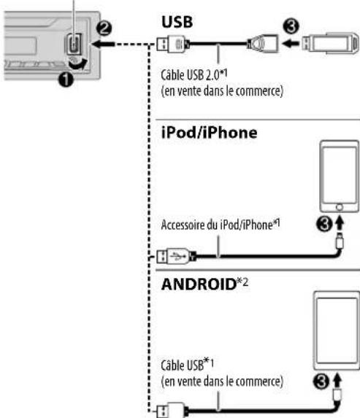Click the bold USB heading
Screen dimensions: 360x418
(x=177, y=22)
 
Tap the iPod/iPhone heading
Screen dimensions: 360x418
(x=210, y=133)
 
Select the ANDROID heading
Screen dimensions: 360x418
(x=199, y=285)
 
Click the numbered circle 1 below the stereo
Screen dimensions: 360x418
(x=66, y=80)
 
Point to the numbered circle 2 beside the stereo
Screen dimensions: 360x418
(x=104, y=28)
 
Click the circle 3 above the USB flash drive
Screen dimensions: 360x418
(x=291, y=26)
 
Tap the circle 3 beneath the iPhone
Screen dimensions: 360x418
(x=324, y=224)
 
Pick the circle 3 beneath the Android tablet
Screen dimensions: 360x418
(x=321, y=382)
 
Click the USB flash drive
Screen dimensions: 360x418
(x=330, y=43)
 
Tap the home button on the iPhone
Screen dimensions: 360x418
(x=339, y=207)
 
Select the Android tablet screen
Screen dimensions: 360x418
(x=337, y=330)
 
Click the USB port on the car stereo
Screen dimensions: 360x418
(x=74, y=44)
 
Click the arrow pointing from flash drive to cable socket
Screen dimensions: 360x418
(x=291, y=43)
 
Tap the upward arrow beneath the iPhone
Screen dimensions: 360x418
(x=340, y=224)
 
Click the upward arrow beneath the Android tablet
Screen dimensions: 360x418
(x=337, y=382)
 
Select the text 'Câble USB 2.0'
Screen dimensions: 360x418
(x=191, y=75)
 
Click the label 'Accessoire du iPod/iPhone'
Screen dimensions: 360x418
(x=217, y=225)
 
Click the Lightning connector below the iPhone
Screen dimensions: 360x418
(x=340, y=241)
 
